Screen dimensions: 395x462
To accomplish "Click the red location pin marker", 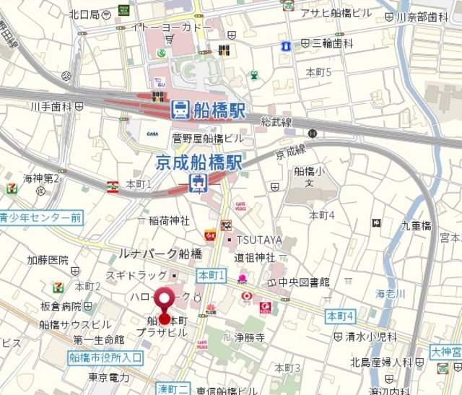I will (x=165, y=304).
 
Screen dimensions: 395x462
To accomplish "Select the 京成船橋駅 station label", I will (x=199, y=161).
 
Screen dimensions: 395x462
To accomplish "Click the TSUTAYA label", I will (x=252, y=240).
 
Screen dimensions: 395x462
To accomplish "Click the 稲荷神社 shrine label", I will (x=169, y=221).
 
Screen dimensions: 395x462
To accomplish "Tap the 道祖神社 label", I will (x=254, y=257).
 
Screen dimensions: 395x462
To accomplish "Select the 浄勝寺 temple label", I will (x=250, y=337).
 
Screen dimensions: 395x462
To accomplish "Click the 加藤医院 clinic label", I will (x=48, y=260).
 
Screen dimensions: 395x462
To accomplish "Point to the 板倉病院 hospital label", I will (x=61, y=307).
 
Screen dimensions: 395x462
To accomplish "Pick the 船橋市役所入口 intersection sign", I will (x=108, y=357).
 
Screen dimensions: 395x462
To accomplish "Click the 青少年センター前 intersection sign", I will (x=40, y=217).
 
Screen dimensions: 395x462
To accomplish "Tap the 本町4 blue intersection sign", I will (x=340, y=316).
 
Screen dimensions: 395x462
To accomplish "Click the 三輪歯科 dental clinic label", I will (x=333, y=43).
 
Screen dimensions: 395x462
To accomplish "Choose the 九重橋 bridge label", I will (x=417, y=226).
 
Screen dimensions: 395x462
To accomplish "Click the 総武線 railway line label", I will (x=276, y=121).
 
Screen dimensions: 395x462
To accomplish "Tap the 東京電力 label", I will (x=109, y=378).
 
